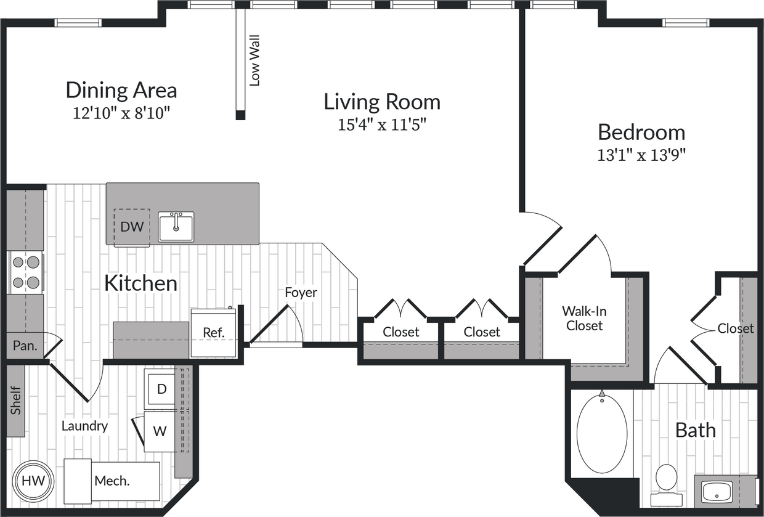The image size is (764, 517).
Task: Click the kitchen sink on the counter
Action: (x=176, y=226)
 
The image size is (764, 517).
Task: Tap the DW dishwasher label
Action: (x=132, y=227)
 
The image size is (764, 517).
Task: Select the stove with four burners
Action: (x=25, y=272)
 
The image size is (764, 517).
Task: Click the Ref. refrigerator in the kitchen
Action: (x=213, y=333)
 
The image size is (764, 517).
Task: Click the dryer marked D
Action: (x=161, y=389)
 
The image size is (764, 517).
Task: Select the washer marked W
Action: (x=160, y=431)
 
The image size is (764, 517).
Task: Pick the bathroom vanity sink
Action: (x=717, y=492)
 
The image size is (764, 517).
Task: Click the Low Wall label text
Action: (x=254, y=60)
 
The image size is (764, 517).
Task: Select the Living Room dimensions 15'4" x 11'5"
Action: (x=382, y=125)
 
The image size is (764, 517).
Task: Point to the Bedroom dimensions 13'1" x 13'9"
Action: (x=641, y=155)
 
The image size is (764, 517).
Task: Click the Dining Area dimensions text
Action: (x=121, y=113)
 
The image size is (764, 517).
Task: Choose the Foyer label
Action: (x=301, y=292)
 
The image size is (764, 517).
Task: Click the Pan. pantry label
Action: (x=25, y=346)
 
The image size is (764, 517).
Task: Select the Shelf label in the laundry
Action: (x=16, y=401)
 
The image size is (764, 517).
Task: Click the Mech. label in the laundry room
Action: (x=112, y=481)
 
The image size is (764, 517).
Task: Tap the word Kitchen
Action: (x=140, y=283)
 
